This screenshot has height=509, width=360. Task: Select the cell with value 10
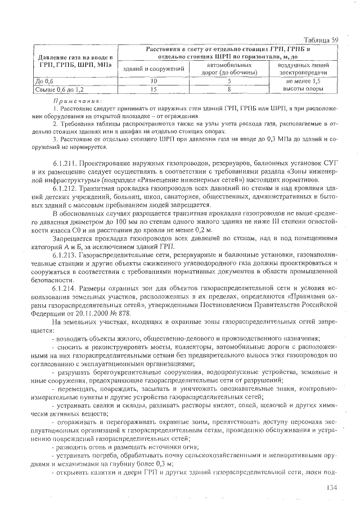pos(154,81)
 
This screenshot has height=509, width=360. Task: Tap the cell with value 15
pos(154,89)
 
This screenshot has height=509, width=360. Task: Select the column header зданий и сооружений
pos(154,69)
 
